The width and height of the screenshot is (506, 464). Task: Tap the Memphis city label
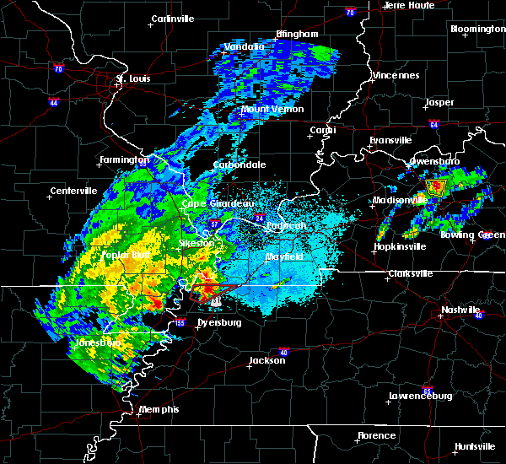tap(159, 409)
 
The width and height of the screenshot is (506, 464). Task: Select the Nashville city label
tap(460, 310)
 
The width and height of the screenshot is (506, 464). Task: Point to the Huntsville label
tap(475, 446)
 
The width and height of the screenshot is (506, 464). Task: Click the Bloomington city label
tap(477, 29)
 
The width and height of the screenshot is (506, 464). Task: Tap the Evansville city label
tap(391, 140)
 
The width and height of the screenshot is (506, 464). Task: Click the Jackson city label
tap(261, 360)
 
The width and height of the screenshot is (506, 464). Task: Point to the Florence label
tap(376, 435)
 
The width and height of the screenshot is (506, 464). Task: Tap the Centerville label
tap(74, 191)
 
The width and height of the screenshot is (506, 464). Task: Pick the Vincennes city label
tap(396, 75)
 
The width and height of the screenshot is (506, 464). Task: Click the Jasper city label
tap(439, 102)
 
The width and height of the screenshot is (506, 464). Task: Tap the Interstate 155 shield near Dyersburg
tap(181, 322)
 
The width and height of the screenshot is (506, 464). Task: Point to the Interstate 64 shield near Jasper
tap(433, 125)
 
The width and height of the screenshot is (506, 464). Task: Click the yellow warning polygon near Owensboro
tap(436, 187)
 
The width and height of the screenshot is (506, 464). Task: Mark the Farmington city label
tap(125, 159)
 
